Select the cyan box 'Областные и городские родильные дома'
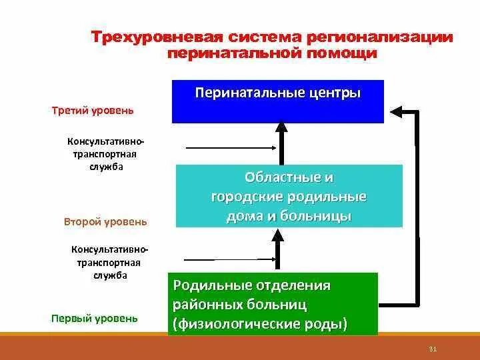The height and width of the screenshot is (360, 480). (x=289, y=197)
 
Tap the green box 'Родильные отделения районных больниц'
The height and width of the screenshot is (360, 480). (x=272, y=304)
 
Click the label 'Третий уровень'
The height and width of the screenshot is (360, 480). (x=93, y=110)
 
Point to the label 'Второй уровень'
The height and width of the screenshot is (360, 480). (x=106, y=221)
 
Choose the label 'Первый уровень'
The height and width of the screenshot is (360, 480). (x=95, y=318)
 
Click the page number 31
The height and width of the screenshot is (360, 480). (x=432, y=349)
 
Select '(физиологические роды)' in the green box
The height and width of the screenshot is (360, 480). (x=260, y=325)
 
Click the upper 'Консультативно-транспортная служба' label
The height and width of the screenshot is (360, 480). (x=105, y=155)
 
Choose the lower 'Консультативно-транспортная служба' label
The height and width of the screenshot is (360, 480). (x=110, y=261)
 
